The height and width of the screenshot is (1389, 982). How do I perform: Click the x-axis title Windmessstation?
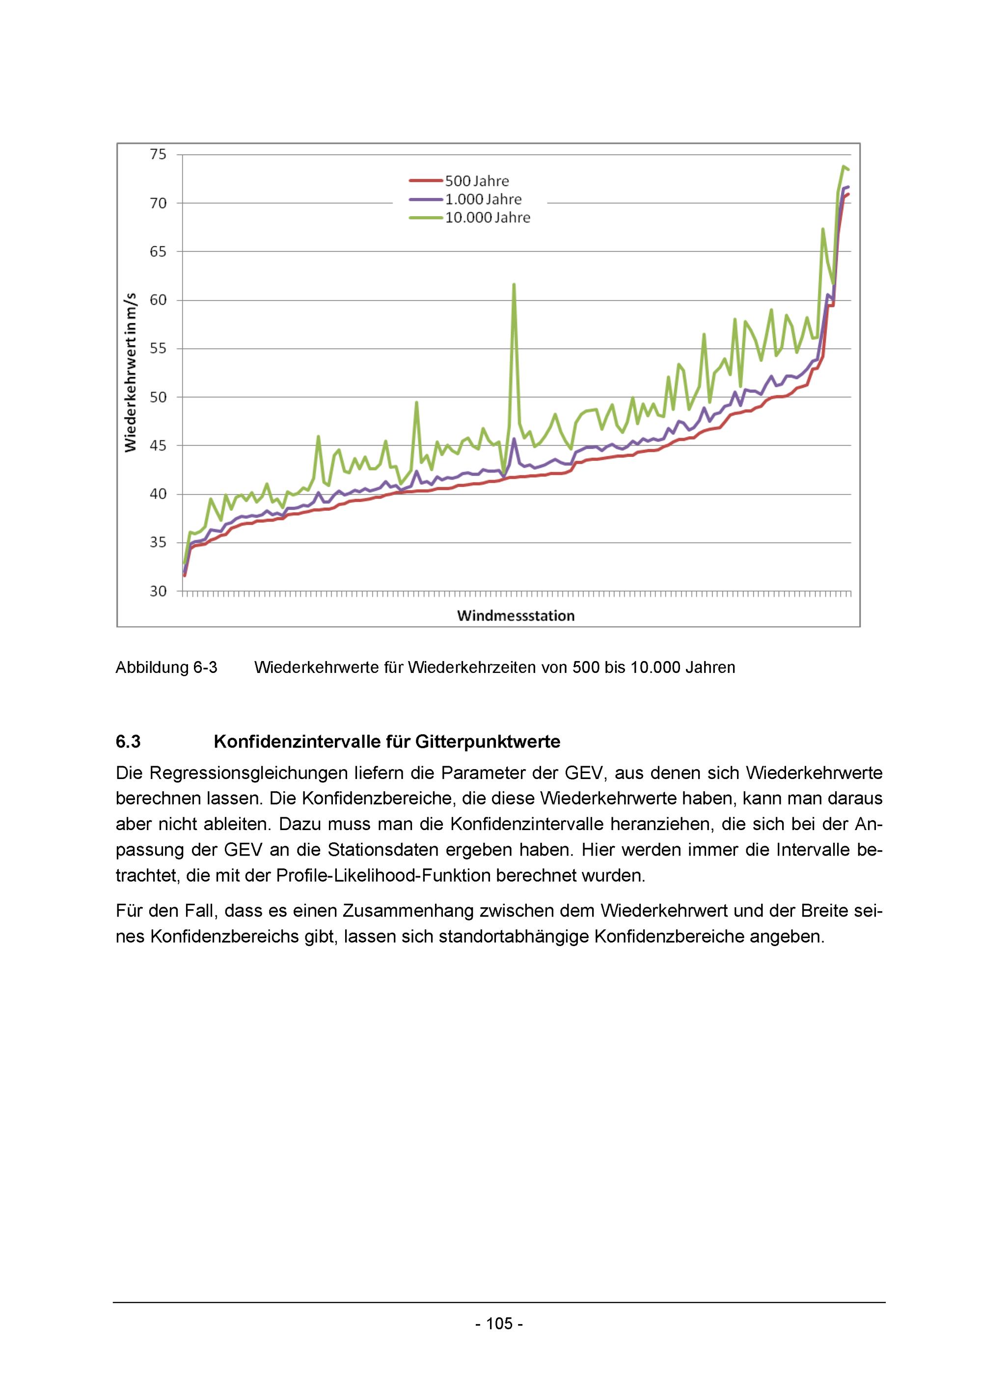pos(516,616)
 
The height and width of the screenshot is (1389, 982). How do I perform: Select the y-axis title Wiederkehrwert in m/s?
pos(131,373)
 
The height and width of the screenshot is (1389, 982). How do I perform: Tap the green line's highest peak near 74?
pos(844,167)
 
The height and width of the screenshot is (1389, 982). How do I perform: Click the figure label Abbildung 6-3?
pos(166,667)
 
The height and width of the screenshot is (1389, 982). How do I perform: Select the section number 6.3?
pos(128,742)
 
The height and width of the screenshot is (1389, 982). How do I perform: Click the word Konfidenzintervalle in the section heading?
pos(297,742)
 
